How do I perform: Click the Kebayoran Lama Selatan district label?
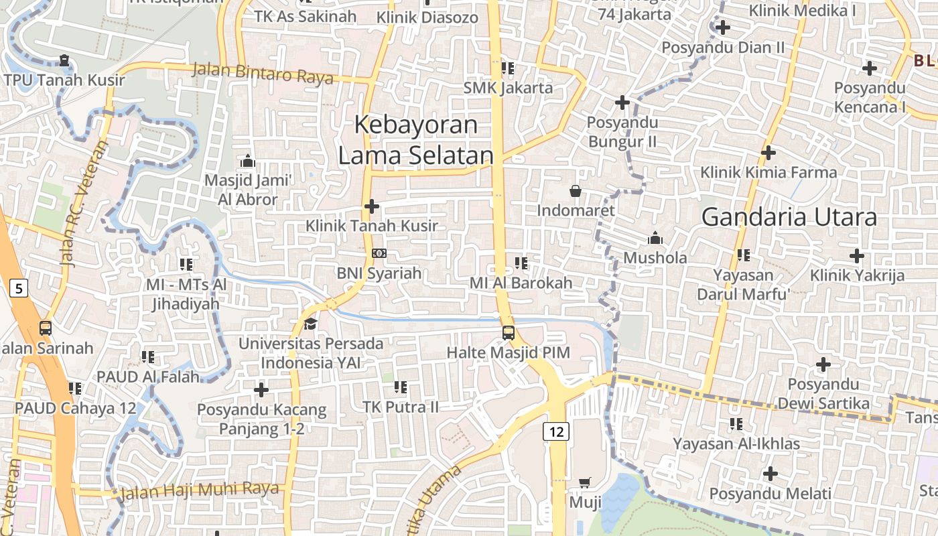[415, 140]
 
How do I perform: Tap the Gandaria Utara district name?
[789, 217]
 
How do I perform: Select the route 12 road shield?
[557, 431]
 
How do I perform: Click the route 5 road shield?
[19, 289]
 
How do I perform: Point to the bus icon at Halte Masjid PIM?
[509, 332]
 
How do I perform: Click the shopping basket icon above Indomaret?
[575, 191]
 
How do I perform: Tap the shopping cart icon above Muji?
[585, 482]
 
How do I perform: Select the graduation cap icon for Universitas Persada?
[311, 324]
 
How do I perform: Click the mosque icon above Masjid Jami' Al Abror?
[248, 161]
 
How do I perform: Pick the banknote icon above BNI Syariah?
[379, 253]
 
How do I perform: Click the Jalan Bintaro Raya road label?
[263, 73]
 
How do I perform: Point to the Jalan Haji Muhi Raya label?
[200, 490]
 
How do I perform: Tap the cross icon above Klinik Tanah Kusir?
[372, 206]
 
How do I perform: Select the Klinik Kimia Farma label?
[768, 172]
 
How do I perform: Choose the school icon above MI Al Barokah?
[521, 263]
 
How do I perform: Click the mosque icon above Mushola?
[655, 238]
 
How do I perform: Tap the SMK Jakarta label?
[509, 88]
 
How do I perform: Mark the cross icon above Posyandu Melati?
[770, 474]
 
